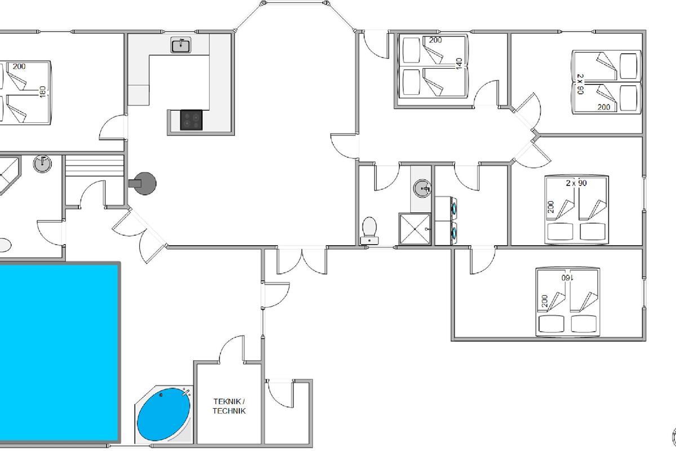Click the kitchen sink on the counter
tap(181, 45)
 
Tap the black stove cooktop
tap(192, 120)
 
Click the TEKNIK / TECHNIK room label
tap(229, 406)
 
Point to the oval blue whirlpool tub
tap(164, 414)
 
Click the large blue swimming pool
tap(59, 352)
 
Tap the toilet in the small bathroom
tap(370, 230)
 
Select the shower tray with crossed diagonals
tap(415, 229)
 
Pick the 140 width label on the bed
tap(459, 64)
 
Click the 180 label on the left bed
tap(43, 92)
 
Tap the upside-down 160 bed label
tap(567, 277)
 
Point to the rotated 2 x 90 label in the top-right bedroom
tap(580, 84)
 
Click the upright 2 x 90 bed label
tap(576, 183)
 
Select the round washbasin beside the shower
tap(422, 188)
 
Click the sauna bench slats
tap(95, 166)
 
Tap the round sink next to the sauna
tap(42, 163)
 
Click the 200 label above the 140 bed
tap(435, 40)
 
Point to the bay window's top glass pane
tap(295, 3)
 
